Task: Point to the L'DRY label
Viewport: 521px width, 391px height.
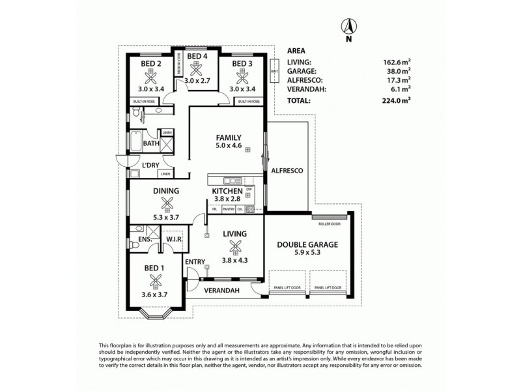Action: point(150,166)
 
